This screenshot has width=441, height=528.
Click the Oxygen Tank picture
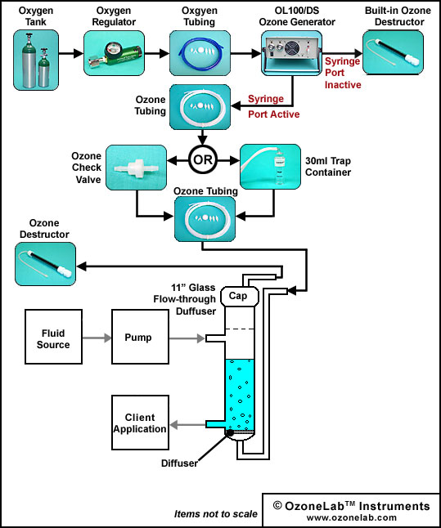pyautogui.click(x=36, y=60)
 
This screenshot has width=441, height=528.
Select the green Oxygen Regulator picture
pyautogui.click(x=114, y=53)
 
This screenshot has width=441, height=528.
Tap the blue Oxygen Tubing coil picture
pyautogui.click(x=200, y=53)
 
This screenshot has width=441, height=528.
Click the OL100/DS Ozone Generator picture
pyautogui.click(x=291, y=53)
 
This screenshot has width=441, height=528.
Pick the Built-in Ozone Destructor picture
pyautogui.click(x=393, y=52)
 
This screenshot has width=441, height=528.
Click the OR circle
pyautogui.click(x=203, y=159)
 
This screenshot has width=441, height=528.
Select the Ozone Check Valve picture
pyautogui.click(x=136, y=168)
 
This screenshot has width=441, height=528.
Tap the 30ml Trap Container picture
pyautogui.click(x=270, y=167)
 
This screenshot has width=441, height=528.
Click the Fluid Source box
pyautogui.click(x=54, y=337)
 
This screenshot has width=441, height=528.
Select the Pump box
pyautogui.click(x=140, y=337)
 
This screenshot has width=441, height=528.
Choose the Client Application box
pyautogui.click(x=140, y=423)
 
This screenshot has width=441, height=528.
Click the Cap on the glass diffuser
pyautogui.click(x=240, y=296)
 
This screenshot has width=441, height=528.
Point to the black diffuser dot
pyautogui.click(x=229, y=432)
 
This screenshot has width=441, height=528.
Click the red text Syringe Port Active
pyautogui.click(x=274, y=106)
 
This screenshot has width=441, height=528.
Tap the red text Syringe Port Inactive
pyautogui.click(x=343, y=73)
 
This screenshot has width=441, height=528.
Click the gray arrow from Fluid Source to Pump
pyautogui.click(x=97, y=338)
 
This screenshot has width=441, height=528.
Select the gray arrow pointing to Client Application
pyautogui.click(x=187, y=425)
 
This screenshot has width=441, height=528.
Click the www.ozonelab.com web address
pyautogui.click(x=351, y=517)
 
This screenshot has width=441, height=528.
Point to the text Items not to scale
pyautogui.click(x=216, y=514)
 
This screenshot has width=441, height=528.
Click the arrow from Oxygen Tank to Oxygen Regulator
pyautogui.click(x=71, y=53)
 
